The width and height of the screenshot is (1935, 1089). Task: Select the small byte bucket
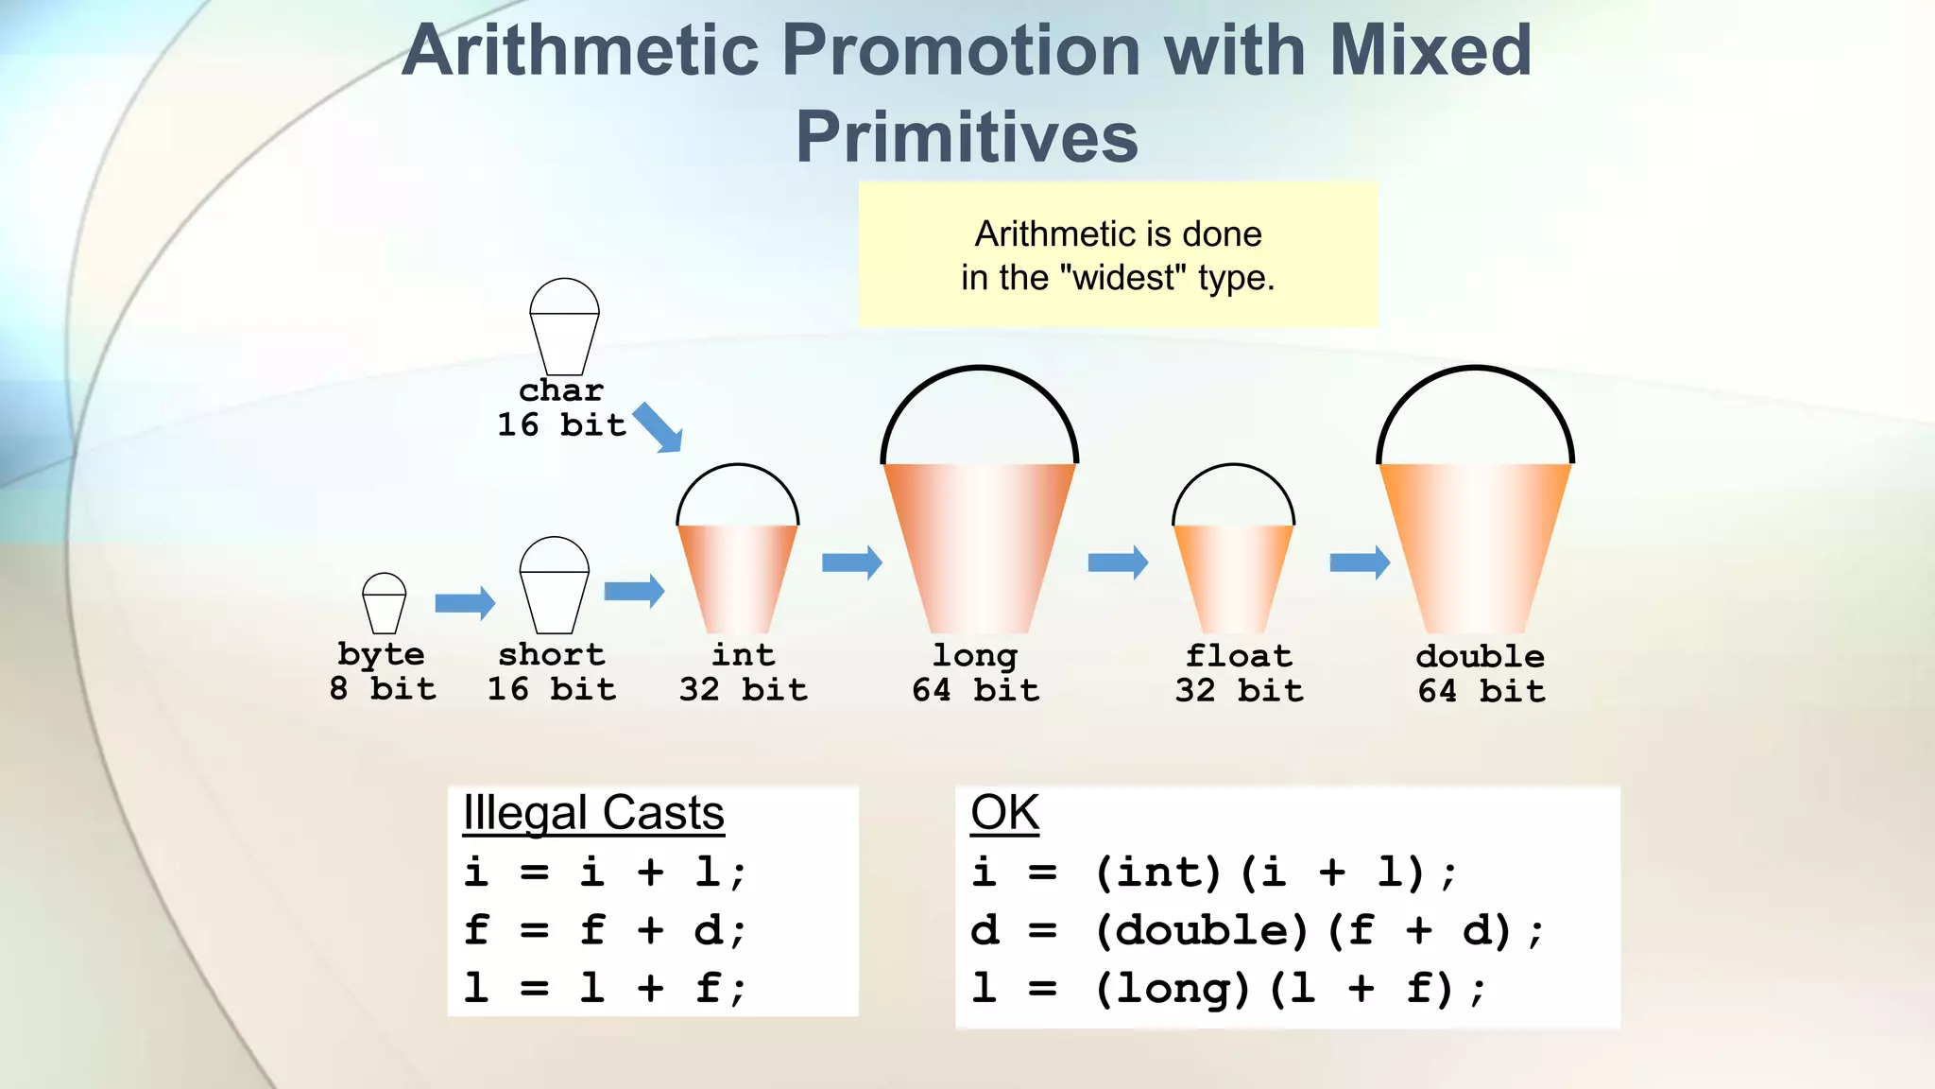(385, 604)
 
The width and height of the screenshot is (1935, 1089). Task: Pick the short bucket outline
(555, 587)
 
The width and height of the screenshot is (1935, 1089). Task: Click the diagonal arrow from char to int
(659, 428)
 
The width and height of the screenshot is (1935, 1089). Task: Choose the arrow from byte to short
(465, 602)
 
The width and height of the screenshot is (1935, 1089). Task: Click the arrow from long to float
(1118, 562)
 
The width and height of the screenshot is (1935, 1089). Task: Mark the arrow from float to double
(1360, 562)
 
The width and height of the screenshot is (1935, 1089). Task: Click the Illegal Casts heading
(593, 813)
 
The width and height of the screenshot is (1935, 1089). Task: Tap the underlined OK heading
(1004, 813)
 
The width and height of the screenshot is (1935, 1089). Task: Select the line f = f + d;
(605, 930)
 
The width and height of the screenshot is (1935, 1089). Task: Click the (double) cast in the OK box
(1202, 930)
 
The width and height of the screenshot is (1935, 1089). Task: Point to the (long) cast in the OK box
(1173, 989)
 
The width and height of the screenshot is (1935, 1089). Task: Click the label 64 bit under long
(975, 690)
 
